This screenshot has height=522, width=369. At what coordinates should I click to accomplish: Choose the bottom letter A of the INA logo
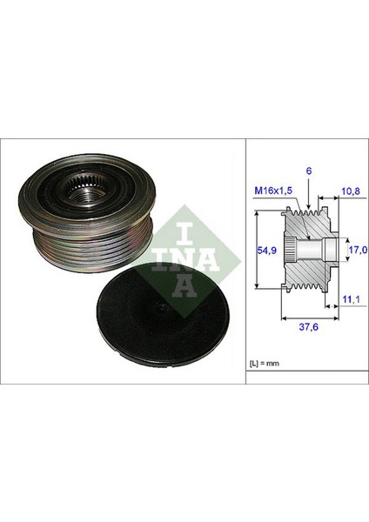[183, 287]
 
